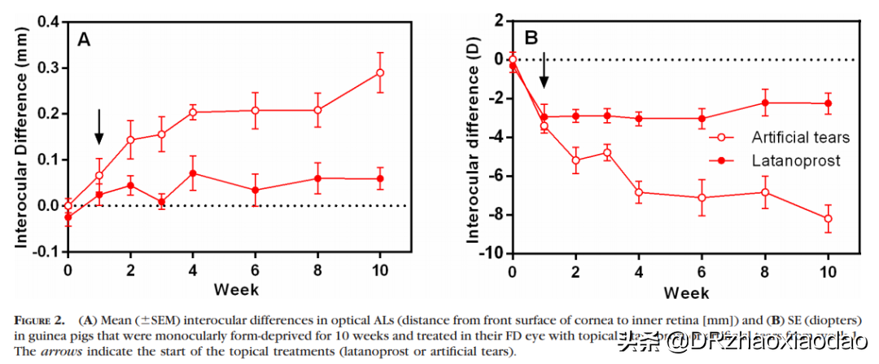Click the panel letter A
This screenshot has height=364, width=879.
coord(83,38)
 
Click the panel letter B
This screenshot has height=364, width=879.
coord(531,37)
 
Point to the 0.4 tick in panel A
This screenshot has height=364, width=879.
coord(49,22)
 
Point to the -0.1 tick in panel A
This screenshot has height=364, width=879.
coord(47,252)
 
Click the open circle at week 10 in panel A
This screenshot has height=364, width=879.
coord(380,73)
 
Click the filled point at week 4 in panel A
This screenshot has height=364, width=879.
coord(193,173)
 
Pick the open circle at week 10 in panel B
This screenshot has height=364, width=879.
coord(828,218)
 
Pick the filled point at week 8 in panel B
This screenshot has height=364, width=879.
coord(765,103)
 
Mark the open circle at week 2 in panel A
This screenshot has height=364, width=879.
coord(130,140)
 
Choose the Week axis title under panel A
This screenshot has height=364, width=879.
coord(236,290)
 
